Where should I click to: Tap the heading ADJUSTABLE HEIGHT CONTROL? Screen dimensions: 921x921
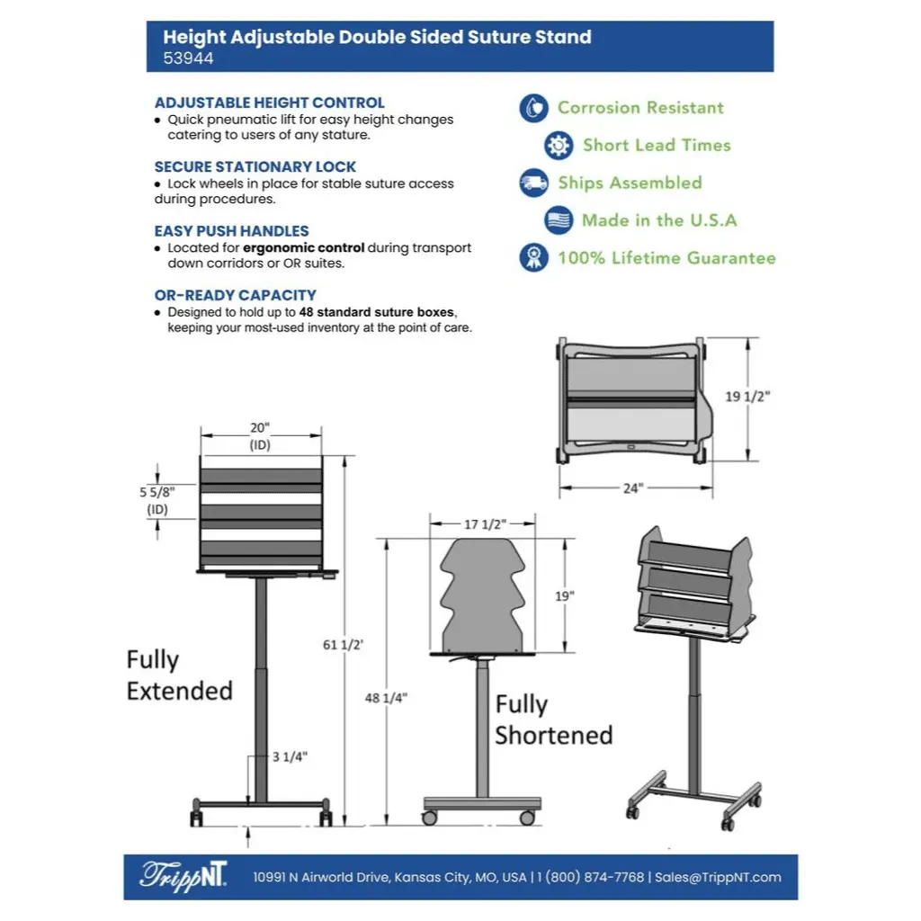point(269,103)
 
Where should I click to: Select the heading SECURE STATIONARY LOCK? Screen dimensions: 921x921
point(255,166)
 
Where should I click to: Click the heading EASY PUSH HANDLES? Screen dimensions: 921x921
point(231,231)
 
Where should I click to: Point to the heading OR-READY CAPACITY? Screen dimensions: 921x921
point(235,295)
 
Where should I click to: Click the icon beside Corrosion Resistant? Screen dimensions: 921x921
point(533,108)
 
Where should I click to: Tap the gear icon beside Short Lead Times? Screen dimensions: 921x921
point(559,145)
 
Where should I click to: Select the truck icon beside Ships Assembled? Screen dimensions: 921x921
point(533,183)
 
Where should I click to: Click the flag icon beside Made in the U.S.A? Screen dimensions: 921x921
point(559,220)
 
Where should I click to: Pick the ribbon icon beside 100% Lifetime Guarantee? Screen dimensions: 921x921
point(533,258)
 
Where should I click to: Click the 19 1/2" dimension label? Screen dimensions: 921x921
point(747,397)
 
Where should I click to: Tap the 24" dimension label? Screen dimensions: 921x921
point(633,488)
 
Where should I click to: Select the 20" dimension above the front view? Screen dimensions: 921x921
point(260,428)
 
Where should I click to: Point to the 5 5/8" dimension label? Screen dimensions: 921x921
point(158,492)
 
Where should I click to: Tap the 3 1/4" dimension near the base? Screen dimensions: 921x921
point(289,756)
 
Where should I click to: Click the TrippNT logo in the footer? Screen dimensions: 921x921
point(183,876)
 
